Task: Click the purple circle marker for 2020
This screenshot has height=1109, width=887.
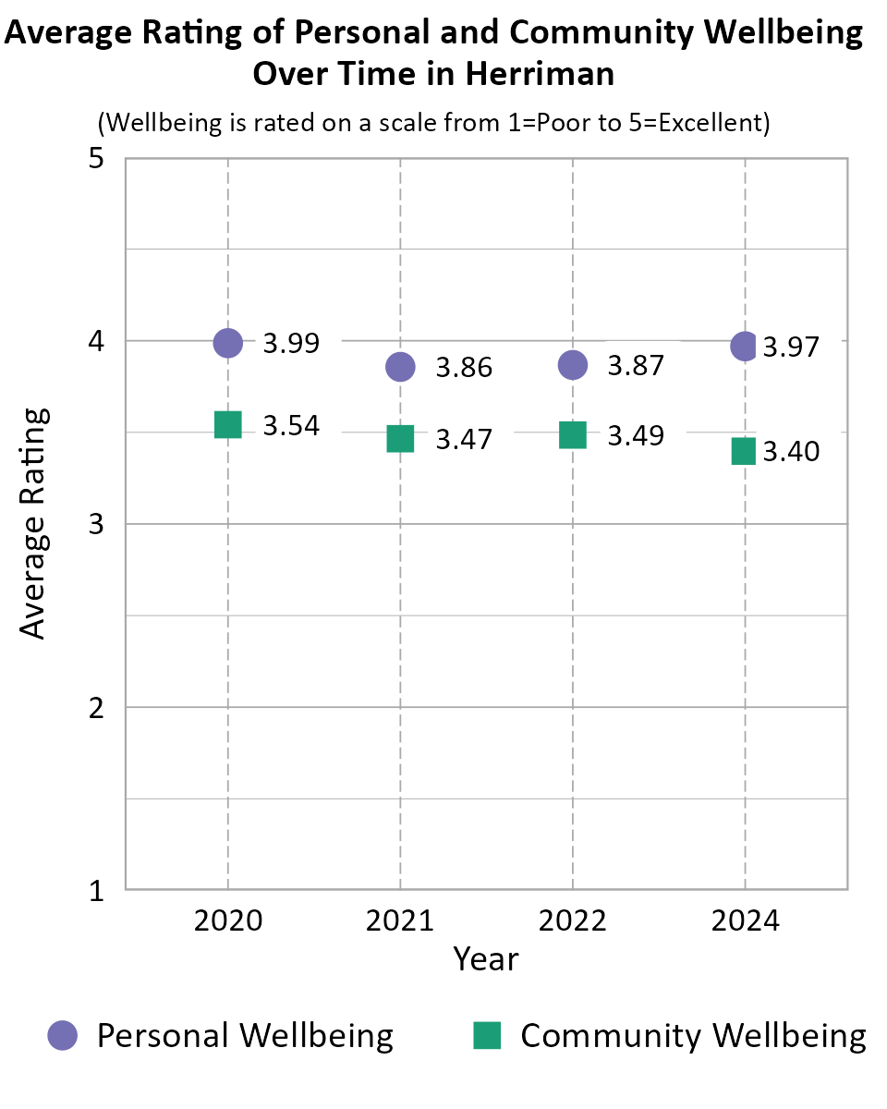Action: pos(227,343)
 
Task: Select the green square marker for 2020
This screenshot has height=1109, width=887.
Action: pos(227,424)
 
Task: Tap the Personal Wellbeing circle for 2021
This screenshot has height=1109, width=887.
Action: pos(400,367)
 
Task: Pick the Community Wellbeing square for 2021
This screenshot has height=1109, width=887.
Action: pos(400,438)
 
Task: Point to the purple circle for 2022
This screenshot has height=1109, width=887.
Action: pos(573,365)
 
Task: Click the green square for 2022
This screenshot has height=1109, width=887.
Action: pos(573,434)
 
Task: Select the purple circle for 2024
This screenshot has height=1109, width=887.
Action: pos(745,347)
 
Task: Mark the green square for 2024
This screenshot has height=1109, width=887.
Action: pos(745,451)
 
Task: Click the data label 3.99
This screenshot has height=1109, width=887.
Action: pos(292,344)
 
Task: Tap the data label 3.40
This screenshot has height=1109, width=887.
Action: pos(791,453)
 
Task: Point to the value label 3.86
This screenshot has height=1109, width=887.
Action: pos(464,368)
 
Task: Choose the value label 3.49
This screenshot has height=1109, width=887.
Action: pos(636,435)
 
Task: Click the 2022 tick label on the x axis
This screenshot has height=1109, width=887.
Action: pos(573,921)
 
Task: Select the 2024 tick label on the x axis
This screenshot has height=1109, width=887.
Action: pos(745,921)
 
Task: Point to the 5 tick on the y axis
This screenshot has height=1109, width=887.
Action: pos(94,159)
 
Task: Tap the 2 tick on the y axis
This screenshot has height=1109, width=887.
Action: pos(94,708)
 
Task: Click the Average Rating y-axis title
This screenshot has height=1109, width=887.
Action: pos(33,523)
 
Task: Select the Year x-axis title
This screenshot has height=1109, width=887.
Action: pos(486,959)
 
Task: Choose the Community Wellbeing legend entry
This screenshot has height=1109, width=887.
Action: pos(671,1035)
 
